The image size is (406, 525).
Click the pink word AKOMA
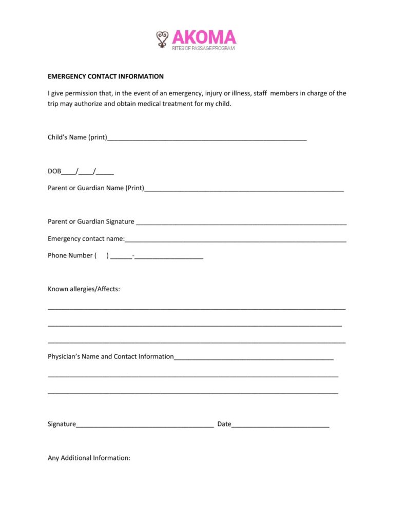204,37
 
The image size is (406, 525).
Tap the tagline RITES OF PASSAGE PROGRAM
203,48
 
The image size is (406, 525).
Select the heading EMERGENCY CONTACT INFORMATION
106,76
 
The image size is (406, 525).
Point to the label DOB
54,171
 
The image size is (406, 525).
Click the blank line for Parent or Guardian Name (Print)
244,189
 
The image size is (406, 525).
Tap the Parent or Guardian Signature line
241,223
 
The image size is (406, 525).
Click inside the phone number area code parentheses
102,255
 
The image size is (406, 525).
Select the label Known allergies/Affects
84,289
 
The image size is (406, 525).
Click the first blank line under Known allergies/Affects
197,309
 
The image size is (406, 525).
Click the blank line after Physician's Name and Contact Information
254,357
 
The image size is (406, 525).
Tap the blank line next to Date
280,425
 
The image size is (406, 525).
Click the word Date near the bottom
224,424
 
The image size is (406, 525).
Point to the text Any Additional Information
89,458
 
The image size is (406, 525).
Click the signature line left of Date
145,425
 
